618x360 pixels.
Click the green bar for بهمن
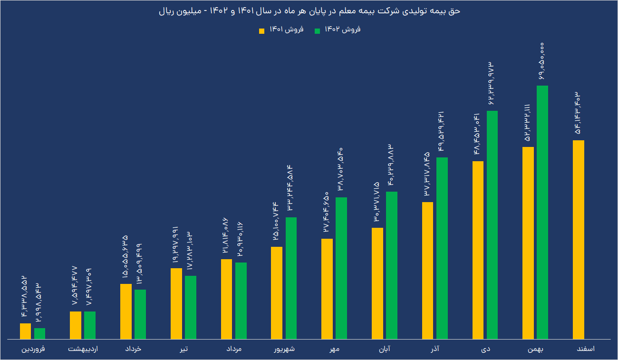pyautogui.click(x=542, y=212)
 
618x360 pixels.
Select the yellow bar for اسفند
pyautogui.click(x=579, y=240)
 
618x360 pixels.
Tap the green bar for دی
pyautogui.click(x=492, y=225)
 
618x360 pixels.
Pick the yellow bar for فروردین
pyautogui.click(x=25, y=331)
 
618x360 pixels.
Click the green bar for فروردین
pyautogui.click(x=39, y=334)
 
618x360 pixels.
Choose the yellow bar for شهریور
pyautogui.click(x=277, y=293)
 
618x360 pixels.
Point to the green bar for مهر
pyautogui.click(x=341, y=268)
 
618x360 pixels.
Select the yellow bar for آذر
pyautogui.click(x=427, y=271)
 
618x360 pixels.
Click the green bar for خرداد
pyautogui.click(x=140, y=314)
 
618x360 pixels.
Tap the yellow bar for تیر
pyautogui.click(x=176, y=304)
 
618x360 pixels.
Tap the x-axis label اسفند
pyautogui.click(x=584, y=350)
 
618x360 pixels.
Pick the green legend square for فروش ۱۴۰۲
pyautogui.click(x=318, y=31)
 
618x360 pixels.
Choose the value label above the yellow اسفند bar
pyautogui.click(x=578, y=113)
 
